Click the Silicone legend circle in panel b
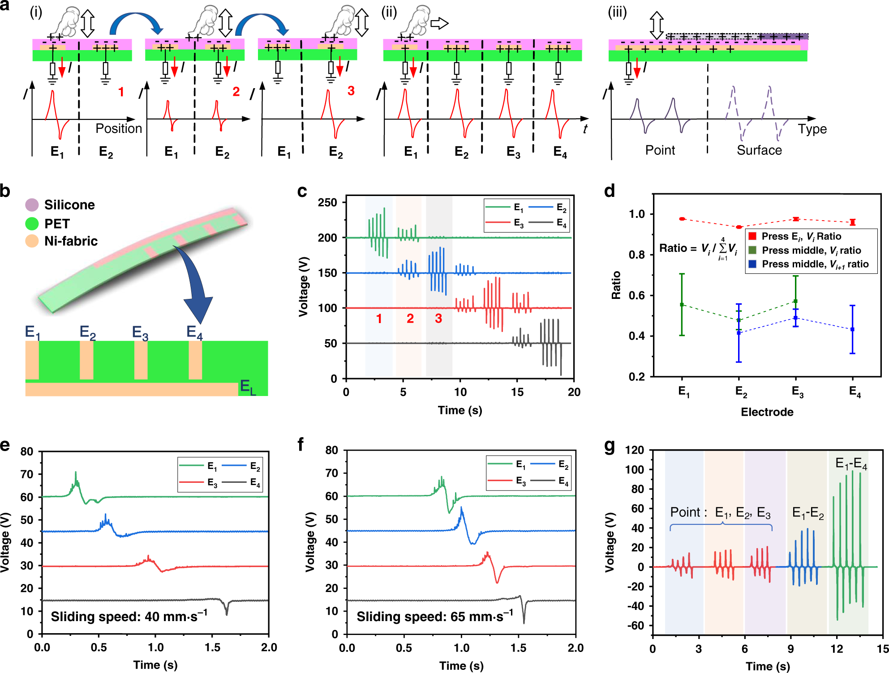[32, 205]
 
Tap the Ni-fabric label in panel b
[71, 241]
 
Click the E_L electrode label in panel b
[248, 387]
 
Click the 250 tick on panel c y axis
[327, 203]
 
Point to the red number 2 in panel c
[410, 319]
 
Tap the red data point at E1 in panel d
[682, 219]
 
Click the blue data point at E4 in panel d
[852, 329]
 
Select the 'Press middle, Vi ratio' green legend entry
[811, 250]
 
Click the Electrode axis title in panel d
[767, 412]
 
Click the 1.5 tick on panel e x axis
[212, 647]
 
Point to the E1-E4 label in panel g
[851, 464]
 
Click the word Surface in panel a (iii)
[759, 150]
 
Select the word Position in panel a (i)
[119, 128]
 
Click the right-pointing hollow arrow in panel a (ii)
[439, 23]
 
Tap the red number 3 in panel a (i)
[351, 91]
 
